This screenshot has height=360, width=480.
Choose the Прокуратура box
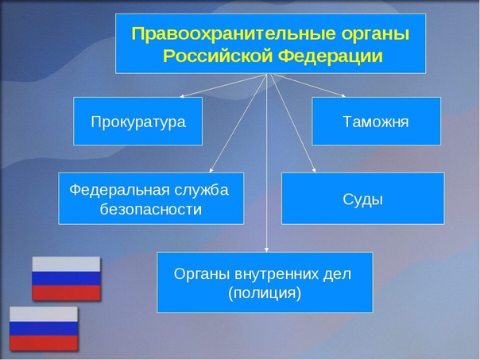(x=137, y=122)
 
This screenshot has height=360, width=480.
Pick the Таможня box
(x=376, y=122)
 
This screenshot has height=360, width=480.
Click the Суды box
(x=362, y=199)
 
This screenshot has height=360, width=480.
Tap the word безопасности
(x=151, y=209)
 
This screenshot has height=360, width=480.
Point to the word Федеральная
(x=119, y=190)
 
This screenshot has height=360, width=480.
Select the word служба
(x=202, y=190)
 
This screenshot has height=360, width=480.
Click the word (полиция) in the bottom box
(x=265, y=293)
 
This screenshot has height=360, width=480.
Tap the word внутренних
(x=277, y=274)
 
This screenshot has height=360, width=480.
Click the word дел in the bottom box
(x=337, y=274)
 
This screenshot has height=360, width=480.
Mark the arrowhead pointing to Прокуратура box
(x=181, y=96)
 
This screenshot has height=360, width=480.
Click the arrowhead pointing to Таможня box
(x=343, y=95)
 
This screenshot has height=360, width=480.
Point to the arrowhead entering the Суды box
(x=314, y=171)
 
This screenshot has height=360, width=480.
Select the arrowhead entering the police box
(x=266, y=250)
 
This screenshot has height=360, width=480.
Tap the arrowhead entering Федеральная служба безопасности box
(x=211, y=170)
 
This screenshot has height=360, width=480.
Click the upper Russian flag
(x=66, y=278)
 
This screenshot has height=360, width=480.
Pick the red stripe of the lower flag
(x=44, y=343)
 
